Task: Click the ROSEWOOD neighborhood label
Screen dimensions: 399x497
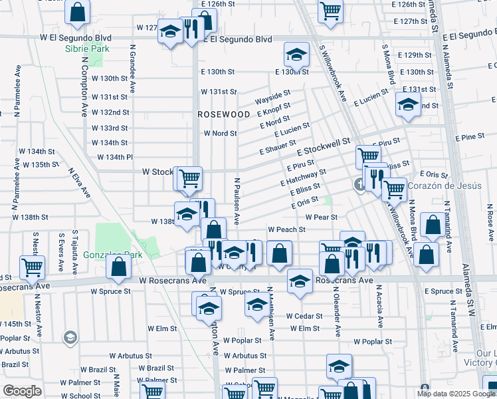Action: tap(223, 114)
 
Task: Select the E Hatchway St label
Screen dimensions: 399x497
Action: tap(303, 177)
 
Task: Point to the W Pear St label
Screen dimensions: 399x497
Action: tap(322, 217)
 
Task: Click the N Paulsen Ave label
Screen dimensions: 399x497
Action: tap(236, 201)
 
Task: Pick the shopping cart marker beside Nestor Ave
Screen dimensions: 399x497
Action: tap(32, 267)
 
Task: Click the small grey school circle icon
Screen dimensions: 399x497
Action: tap(69, 339)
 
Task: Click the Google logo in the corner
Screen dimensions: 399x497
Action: tap(23, 391)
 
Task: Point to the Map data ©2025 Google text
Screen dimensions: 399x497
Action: tap(455, 394)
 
